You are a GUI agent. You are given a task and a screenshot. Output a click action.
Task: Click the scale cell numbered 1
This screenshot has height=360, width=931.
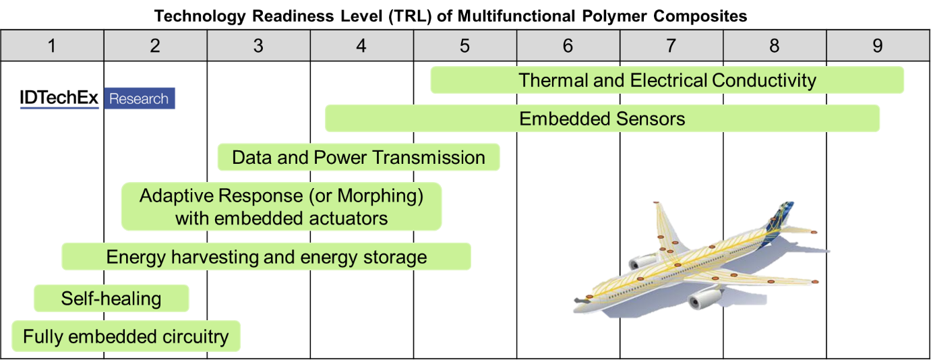(x=52, y=46)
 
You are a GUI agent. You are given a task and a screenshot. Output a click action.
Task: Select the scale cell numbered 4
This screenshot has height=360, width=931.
(x=362, y=46)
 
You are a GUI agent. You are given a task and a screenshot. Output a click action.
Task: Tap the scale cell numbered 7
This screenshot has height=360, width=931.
(x=671, y=46)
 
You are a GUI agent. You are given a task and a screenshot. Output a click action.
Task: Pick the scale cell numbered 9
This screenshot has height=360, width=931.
(x=877, y=46)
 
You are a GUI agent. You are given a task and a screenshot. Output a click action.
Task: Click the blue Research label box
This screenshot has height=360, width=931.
(x=140, y=98)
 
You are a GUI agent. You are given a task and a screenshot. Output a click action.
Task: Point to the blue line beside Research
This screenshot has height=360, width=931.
(x=59, y=108)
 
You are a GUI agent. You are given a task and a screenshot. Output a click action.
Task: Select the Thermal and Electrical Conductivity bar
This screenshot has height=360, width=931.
(x=667, y=80)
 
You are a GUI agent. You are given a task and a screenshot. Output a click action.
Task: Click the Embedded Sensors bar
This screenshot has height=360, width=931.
(x=602, y=119)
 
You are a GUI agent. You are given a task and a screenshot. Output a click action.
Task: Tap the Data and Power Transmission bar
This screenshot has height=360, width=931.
(x=358, y=158)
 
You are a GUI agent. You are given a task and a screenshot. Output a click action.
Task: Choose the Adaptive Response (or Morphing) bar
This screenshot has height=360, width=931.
(x=281, y=207)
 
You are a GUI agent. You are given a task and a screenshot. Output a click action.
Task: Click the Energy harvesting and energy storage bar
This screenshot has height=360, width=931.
(x=266, y=257)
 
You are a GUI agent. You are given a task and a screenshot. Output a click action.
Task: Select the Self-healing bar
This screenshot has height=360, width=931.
(x=111, y=299)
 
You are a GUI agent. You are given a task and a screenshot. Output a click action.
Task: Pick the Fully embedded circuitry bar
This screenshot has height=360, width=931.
(x=126, y=336)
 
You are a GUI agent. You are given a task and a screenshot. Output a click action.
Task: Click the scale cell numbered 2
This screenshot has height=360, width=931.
(x=155, y=46)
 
